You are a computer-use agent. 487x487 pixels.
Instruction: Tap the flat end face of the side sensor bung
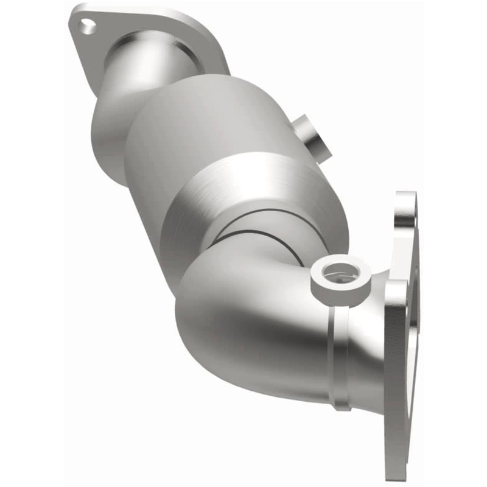[x=320, y=145]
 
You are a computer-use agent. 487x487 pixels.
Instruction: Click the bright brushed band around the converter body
[x=243, y=189]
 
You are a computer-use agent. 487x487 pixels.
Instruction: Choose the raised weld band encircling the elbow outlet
[x=338, y=353]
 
